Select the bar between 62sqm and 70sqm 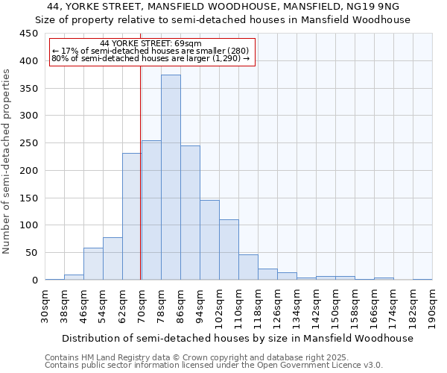point(132,216)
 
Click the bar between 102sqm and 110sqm point(229,250)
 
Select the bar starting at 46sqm point(93,264)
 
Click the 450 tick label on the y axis point(29,34)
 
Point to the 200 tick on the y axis point(29,171)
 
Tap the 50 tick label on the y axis point(32,253)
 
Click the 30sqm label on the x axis point(45,306)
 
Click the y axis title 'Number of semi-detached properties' point(7,161)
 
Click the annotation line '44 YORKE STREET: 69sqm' point(150,44)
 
